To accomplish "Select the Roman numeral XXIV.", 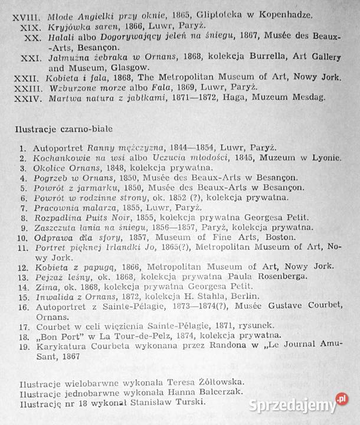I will click(29, 97).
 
